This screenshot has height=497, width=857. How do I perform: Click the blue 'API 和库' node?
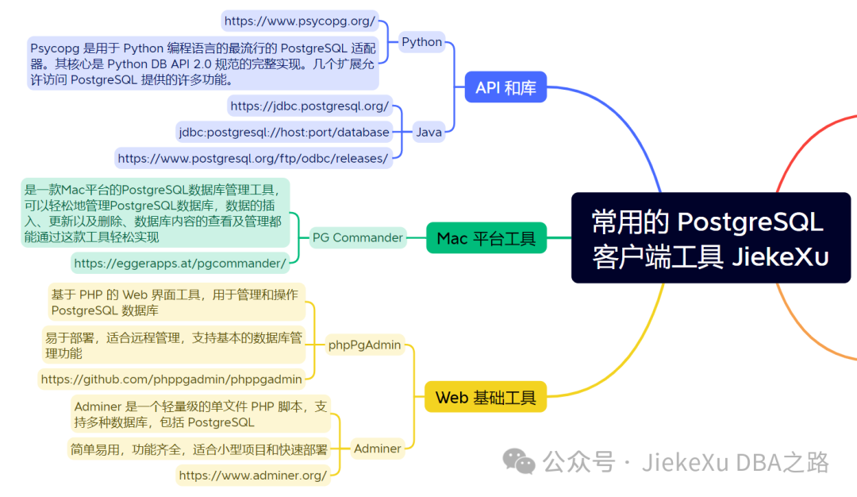point(505,88)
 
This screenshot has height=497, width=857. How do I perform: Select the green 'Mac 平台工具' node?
point(486,237)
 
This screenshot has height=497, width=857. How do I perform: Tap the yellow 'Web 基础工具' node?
point(486,397)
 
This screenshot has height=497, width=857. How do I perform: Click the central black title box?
point(710,237)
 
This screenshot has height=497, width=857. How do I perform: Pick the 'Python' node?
point(421,42)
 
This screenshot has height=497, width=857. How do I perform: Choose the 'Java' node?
point(428,133)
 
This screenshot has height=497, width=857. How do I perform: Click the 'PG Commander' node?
point(357,237)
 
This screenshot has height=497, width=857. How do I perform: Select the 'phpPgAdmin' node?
point(365,345)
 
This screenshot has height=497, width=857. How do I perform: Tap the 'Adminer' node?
point(377,449)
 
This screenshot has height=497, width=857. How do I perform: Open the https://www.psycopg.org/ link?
point(299,21)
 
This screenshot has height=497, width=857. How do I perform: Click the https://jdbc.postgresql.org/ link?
point(309,106)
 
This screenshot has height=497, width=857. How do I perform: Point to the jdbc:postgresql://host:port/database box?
point(284,132)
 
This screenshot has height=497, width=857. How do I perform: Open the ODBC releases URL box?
point(253,158)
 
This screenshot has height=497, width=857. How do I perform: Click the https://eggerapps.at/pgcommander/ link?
point(180,263)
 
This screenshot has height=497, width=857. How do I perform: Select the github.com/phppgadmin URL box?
point(171,379)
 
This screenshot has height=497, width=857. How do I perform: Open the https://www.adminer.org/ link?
point(252,476)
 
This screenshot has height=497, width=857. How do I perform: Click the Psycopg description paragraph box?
point(202,63)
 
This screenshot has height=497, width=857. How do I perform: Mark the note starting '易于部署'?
point(174,345)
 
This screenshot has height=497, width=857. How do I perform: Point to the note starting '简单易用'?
point(198,449)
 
